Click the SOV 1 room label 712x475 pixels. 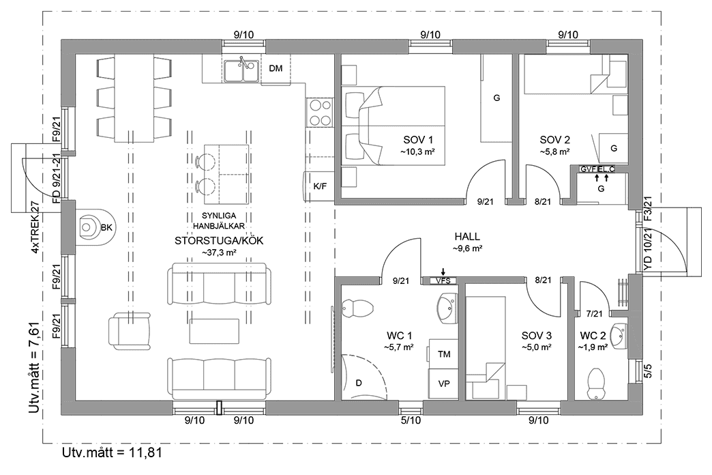[x=417, y=139]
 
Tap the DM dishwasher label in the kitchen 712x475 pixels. [x=276, y=69]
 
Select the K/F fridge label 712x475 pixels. [x=319, y=186]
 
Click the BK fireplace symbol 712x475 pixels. [x=88, y=226]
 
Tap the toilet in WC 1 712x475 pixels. [x=357, y=308]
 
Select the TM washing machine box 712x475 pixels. [x=444, y=354]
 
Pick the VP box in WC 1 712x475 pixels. [x=444, y=383]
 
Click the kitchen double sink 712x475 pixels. [x=240, y=70]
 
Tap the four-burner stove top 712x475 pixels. [x=318, y=113]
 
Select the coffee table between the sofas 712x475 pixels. [x=215, y=332]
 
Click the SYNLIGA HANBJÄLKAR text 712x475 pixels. [x=214, y=220]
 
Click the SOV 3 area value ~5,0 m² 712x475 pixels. [x=536, y=347]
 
